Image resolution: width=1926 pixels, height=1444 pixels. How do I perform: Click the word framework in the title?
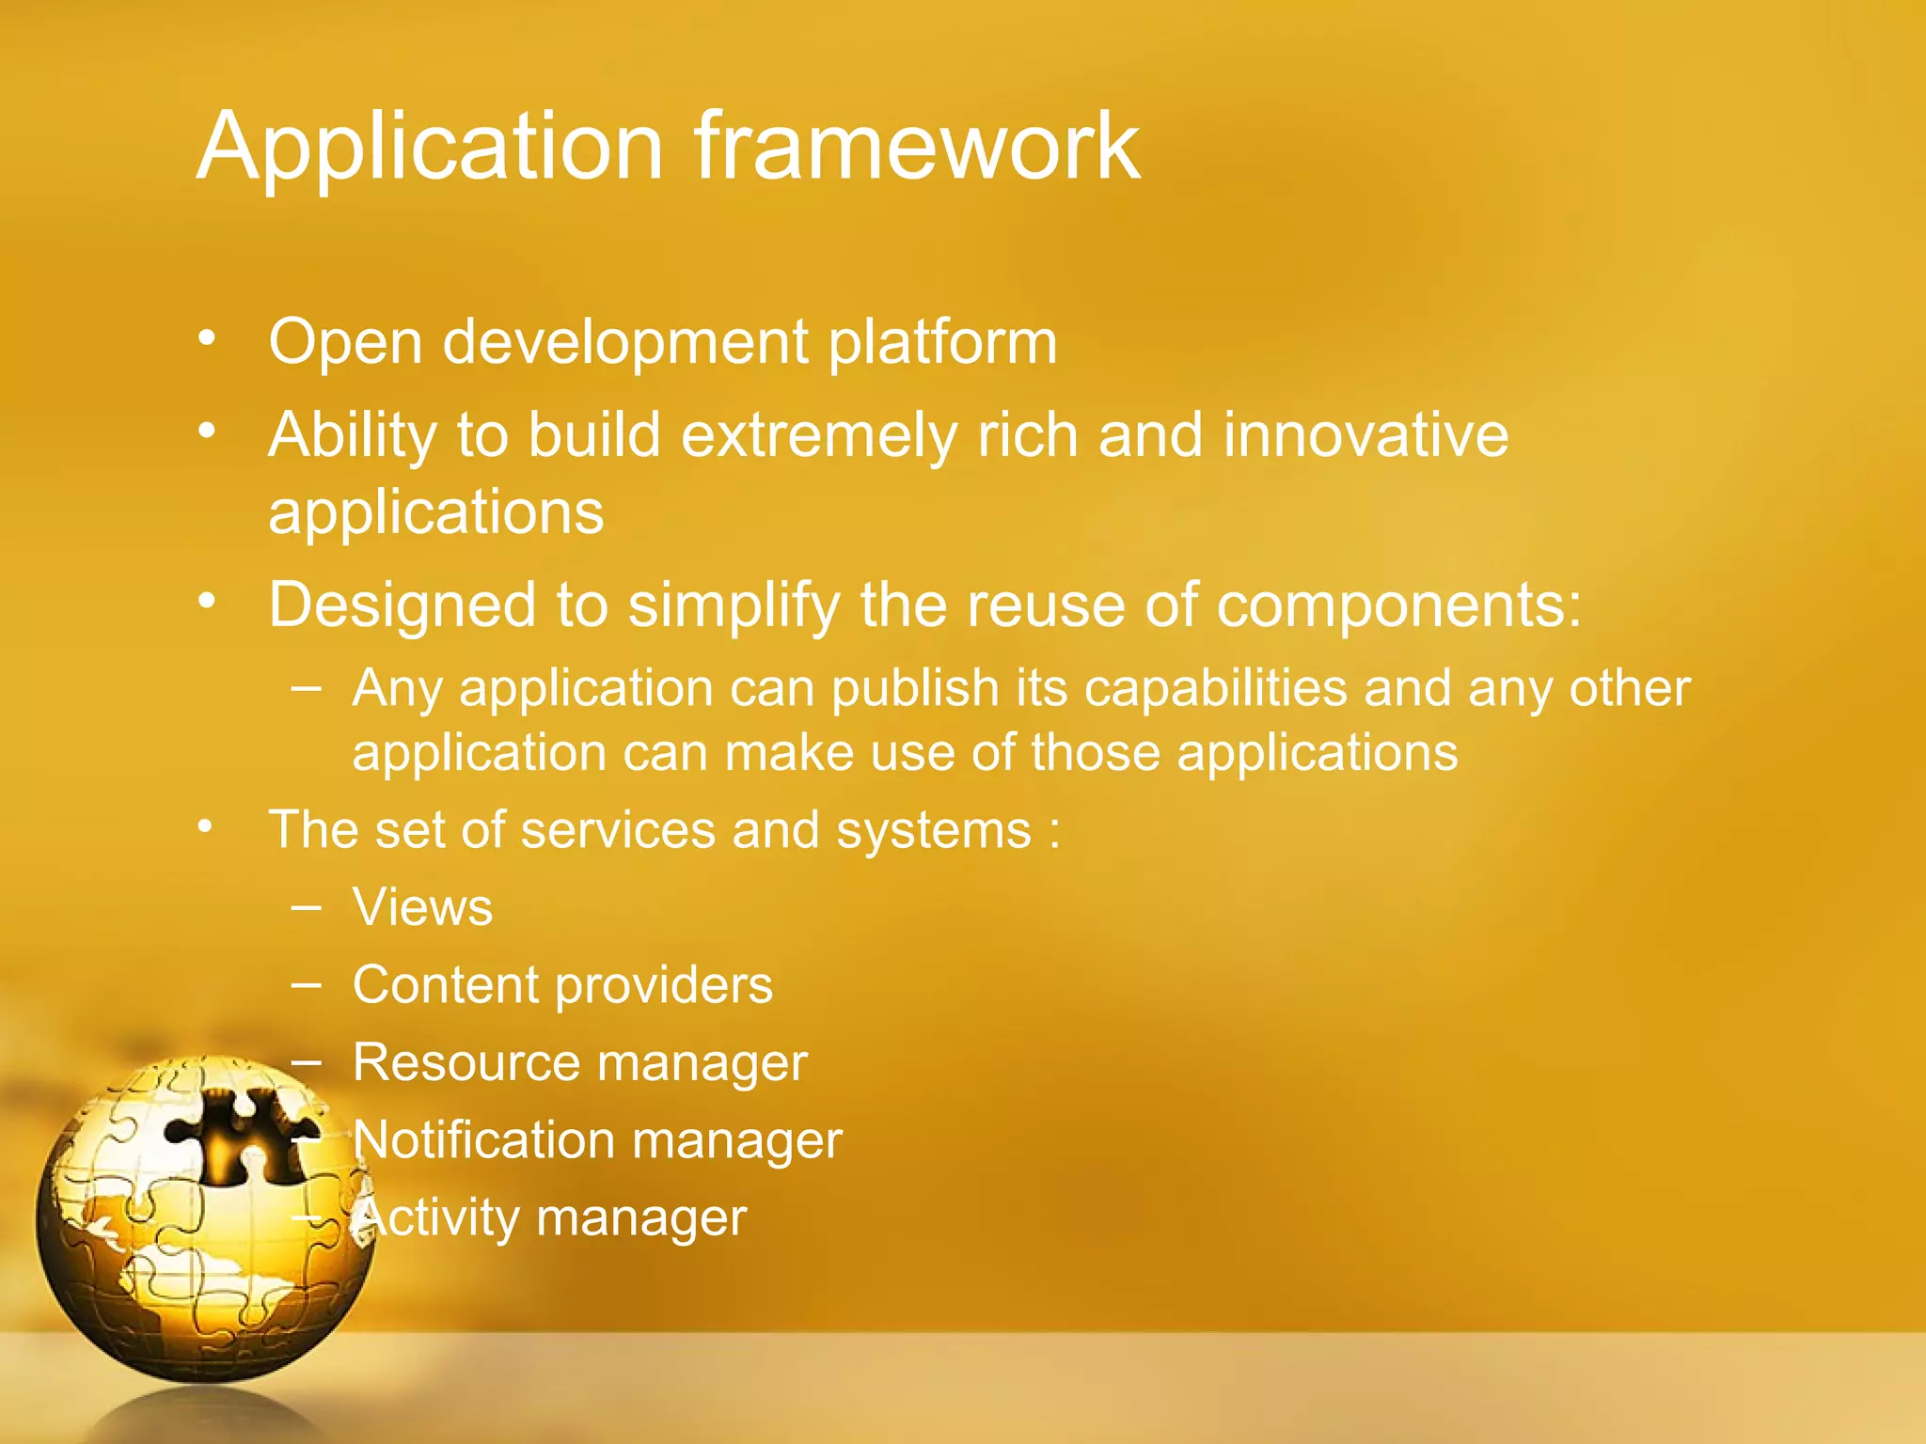[917, 148]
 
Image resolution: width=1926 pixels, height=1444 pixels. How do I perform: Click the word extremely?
[817, 436]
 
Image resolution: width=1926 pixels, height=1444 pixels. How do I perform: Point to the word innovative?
[1366, 436]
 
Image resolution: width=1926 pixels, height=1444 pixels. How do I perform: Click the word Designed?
[402, 606]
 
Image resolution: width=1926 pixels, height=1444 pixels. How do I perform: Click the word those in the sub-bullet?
[1096, 754]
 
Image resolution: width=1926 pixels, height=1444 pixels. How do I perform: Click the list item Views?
[422, 908]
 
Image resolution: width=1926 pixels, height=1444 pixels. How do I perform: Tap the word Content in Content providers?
[446, 985]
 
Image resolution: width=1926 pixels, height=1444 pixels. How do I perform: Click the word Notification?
[484, 1140]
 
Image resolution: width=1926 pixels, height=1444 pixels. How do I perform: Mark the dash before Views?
[307, 908]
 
